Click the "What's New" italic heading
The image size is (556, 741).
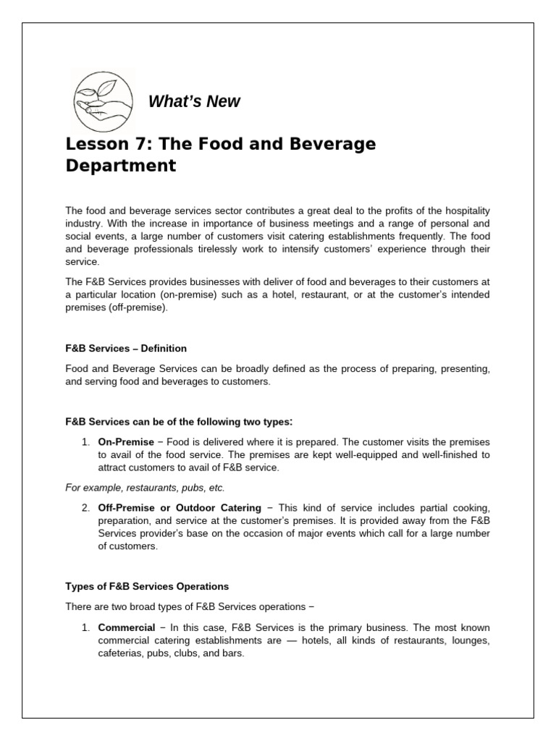pyautogui.click(x=193, y=102)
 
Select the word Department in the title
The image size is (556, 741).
pyautogui.click(x=121, y=166)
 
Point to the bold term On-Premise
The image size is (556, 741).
pyautogui.click(x=126, y=442)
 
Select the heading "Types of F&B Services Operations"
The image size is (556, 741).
pyautogui.click(x=147, y=585)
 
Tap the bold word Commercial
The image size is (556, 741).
pyautogui.click(x=127, y=627)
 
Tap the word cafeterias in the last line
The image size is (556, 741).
pyautogui.click(x=121, y=653)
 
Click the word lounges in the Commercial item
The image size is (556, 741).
pyautogui.click(x=468, y=640)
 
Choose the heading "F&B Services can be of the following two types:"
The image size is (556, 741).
pyautogui.click(x=180, y=422)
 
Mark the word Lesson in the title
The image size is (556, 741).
pyautogui.click(x=93, y=144)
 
